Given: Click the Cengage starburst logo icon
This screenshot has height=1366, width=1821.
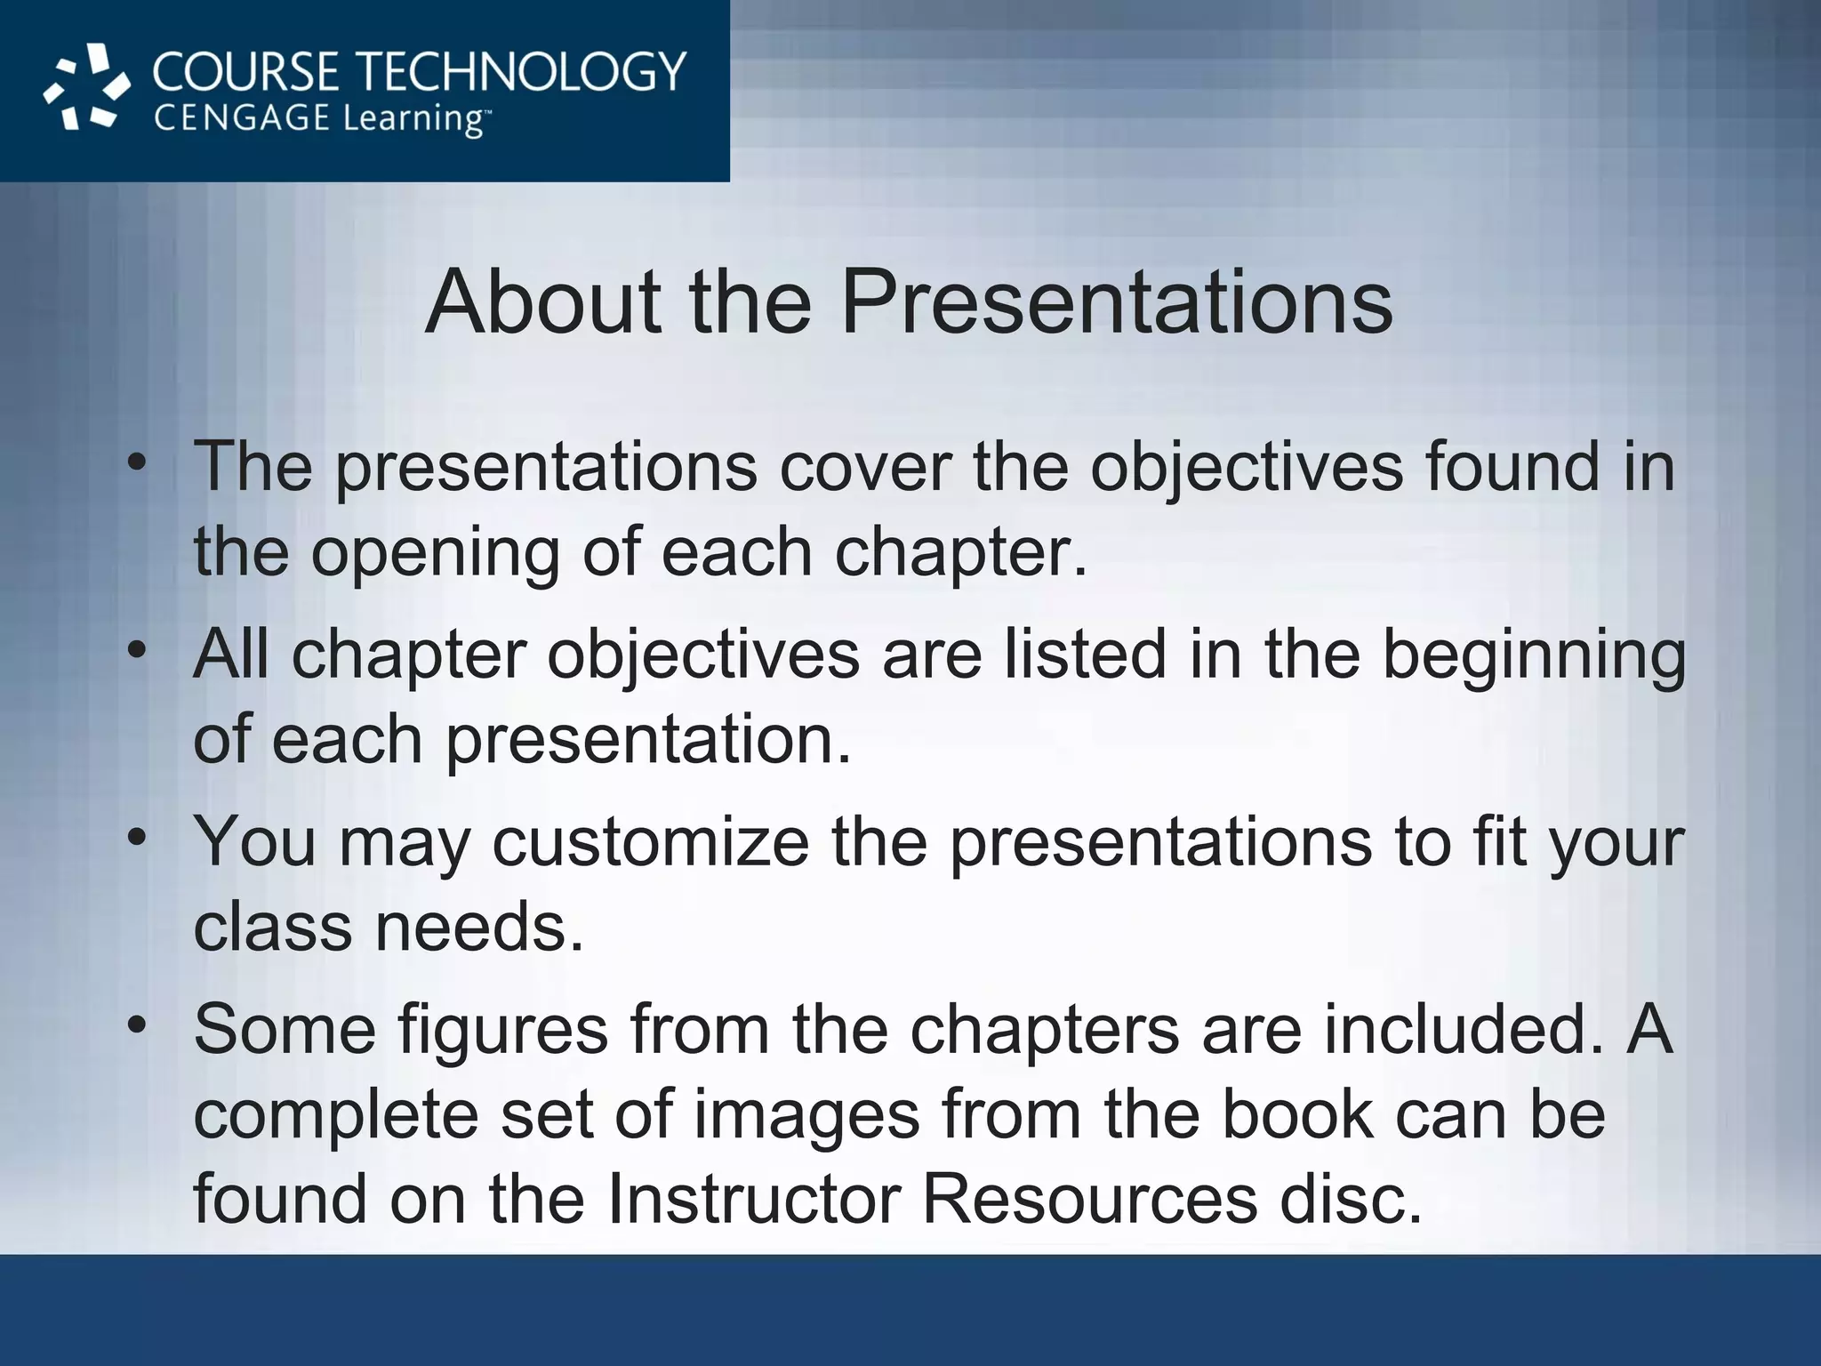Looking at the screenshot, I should tap(87, 87).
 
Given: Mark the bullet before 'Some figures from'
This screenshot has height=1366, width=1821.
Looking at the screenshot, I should tap(136, 1024).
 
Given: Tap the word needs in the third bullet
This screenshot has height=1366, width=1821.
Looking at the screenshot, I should tap(479, 927).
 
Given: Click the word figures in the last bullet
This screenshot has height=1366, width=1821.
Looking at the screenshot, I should tap(502, 1030).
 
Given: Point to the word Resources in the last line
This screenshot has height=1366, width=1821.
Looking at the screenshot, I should tap(1089, 1199).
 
